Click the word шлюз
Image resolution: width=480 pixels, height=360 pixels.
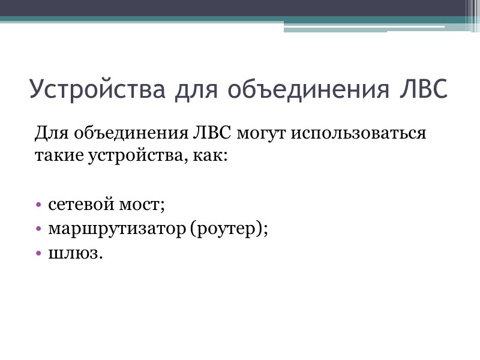coord(74,253)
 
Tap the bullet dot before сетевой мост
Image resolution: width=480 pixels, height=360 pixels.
coord(39,205)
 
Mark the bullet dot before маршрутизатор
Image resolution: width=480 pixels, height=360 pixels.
coord(39,230)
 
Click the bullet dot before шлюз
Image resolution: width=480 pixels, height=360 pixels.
coord(39,254)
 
